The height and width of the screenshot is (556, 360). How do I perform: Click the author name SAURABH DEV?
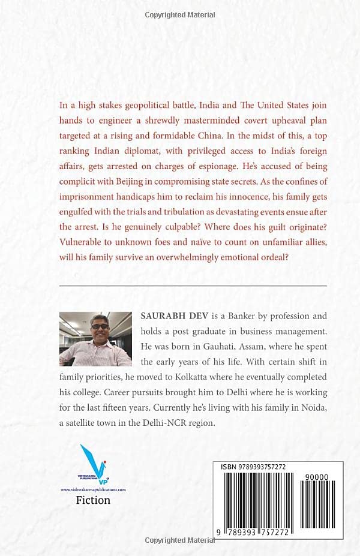point(166,315)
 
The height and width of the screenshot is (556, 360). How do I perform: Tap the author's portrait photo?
point(96,338)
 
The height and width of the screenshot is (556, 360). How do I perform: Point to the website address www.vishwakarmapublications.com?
point(93,489)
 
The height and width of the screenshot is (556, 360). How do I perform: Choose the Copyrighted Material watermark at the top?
point(179,14)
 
